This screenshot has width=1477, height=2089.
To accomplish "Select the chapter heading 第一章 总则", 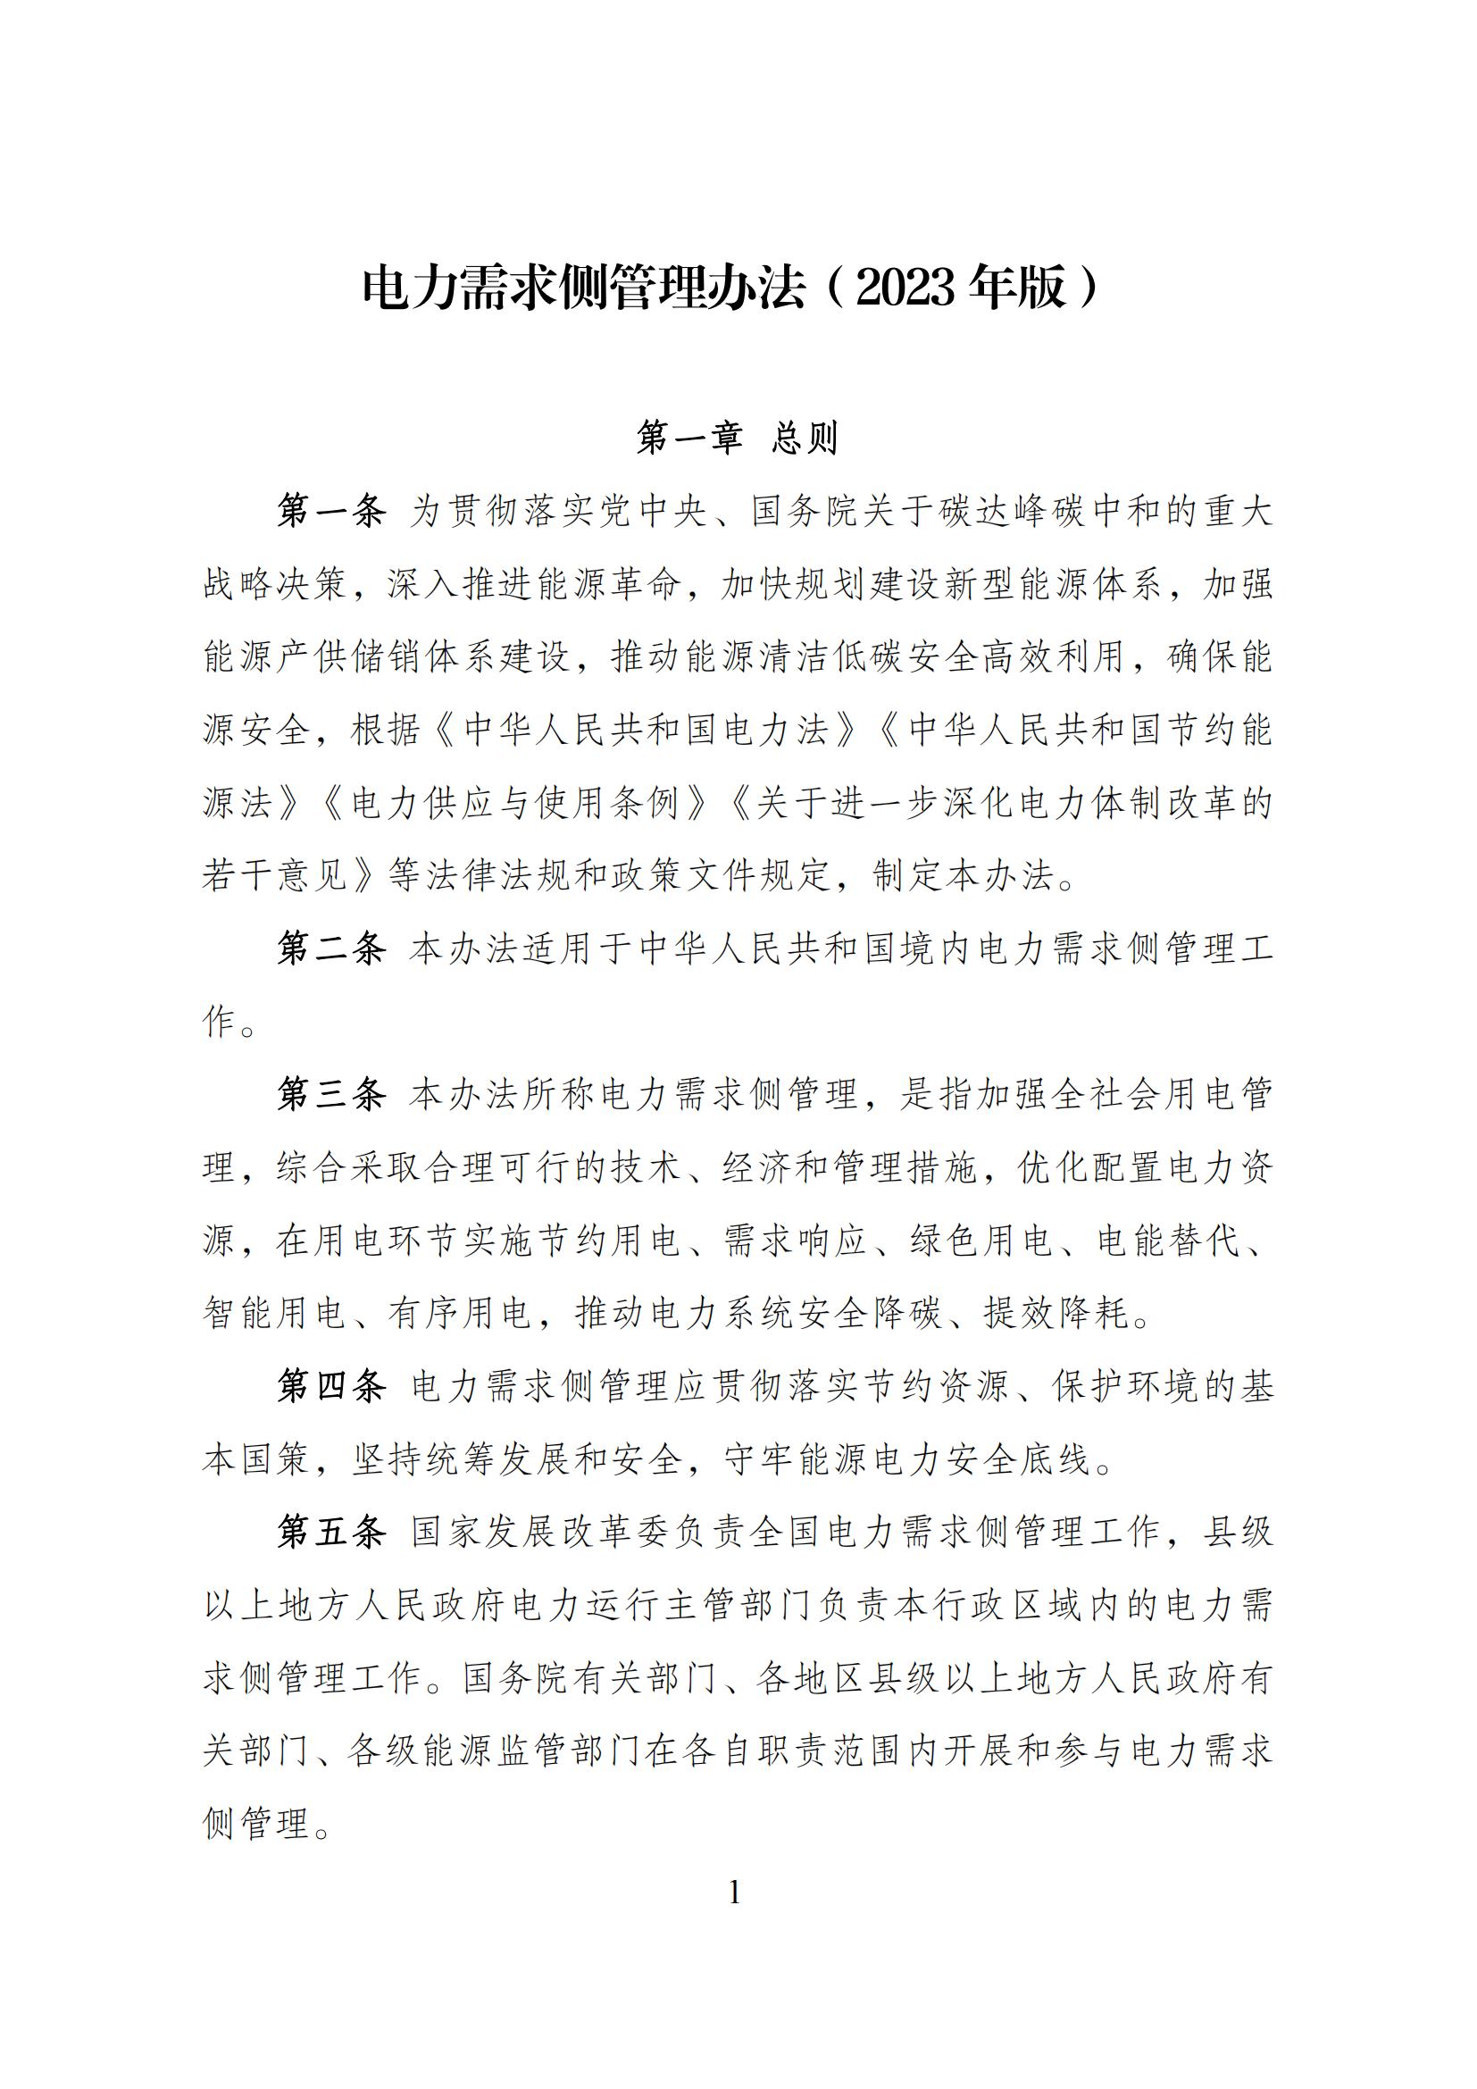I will pos(737,438).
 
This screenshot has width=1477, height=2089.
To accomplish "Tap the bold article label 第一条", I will pos(332,512).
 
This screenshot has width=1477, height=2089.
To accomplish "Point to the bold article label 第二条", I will pos(332,949).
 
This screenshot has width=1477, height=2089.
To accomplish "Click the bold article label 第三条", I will pos(332,1095).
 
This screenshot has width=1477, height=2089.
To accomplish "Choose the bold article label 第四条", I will pos(332,1387).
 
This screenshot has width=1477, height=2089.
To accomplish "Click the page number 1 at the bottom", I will pos(735,1893).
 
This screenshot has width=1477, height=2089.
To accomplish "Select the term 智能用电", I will pos(274,1314).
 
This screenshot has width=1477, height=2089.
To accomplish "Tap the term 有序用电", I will pos(460,1314).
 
